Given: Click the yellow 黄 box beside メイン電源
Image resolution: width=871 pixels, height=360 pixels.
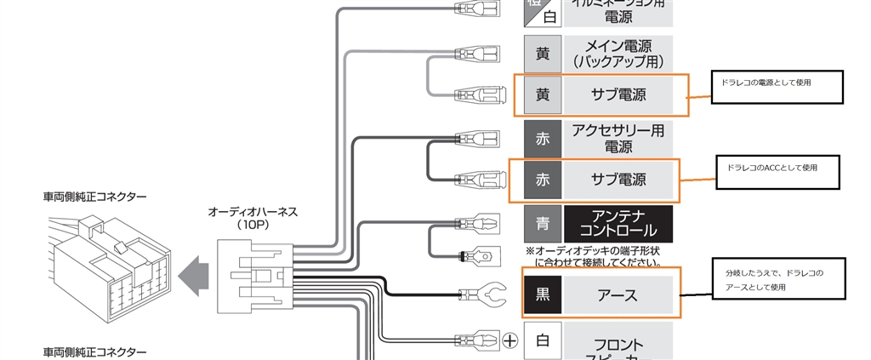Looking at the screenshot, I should [x=543, y=54].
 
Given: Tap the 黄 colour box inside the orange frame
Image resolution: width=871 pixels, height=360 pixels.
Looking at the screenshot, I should [x=543, y=94].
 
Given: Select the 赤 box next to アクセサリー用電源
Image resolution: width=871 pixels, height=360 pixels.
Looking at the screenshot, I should [x=543, y=138].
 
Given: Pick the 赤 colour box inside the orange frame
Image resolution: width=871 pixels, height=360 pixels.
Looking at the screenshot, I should [x=543, y=180].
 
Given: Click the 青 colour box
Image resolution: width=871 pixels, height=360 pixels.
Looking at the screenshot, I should [x=543, y=223].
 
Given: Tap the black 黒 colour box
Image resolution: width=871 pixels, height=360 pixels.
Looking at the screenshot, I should [x=543, y=294].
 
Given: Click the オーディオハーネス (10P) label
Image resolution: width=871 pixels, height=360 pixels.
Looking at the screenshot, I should [x=253, y=218].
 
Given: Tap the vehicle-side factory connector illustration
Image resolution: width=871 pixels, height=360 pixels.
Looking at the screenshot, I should [x=106, y=260].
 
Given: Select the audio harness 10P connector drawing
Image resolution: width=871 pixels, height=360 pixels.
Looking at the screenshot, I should [x=254, y=271].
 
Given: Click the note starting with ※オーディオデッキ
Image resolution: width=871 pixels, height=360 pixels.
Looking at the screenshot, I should [x=593, y=256].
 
